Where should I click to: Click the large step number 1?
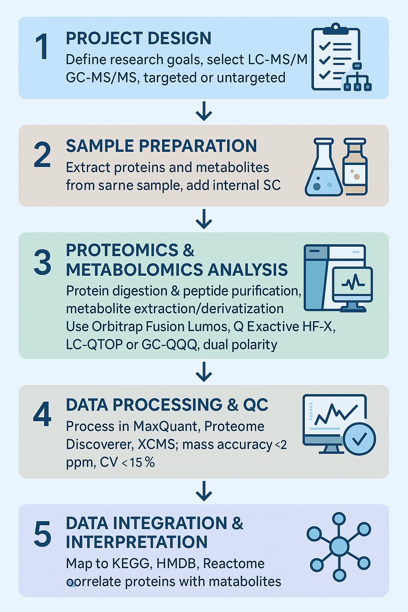pyautogui.click(x=42, y=47)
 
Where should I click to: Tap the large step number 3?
pyautogui.click(x=42, y=263)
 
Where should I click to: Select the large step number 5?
pyautogui.click(x=42, y=534)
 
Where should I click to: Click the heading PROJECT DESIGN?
pyautogui.click(x=138, y=38)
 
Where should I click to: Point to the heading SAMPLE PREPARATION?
pyautogui.click(x=161, y=146)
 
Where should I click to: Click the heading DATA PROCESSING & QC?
pyautogui.click(x=167, y=405)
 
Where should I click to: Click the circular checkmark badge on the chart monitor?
pyautogui.click(x=359, y=439)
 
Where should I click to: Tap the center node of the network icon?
pyautogui.click(x=339, y=546)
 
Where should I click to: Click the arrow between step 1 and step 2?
pyautogui.click(x=204, y=112)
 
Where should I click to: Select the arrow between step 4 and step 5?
pyautogui.click(x=204, y=491)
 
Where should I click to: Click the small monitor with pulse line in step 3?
pyautogui.click(x=352, y=284)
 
